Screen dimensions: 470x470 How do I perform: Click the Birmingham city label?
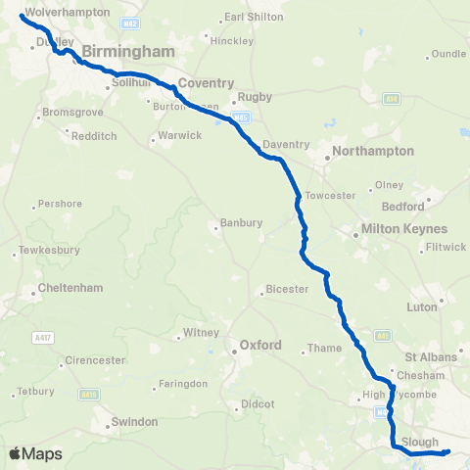[128, 51]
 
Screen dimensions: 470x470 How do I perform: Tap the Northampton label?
[373, 151]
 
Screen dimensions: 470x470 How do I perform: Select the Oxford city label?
[261, 345]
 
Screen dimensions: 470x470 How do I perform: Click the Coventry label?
[207, 84]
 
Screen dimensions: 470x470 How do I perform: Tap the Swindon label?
[135, 421]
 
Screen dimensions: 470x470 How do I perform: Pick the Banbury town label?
[240, 222]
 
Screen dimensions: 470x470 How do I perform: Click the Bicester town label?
[288, 289]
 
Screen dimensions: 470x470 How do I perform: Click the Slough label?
[421, 442]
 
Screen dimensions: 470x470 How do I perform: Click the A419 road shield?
[90, 394]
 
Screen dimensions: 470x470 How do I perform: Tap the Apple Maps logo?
[34, 453]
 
